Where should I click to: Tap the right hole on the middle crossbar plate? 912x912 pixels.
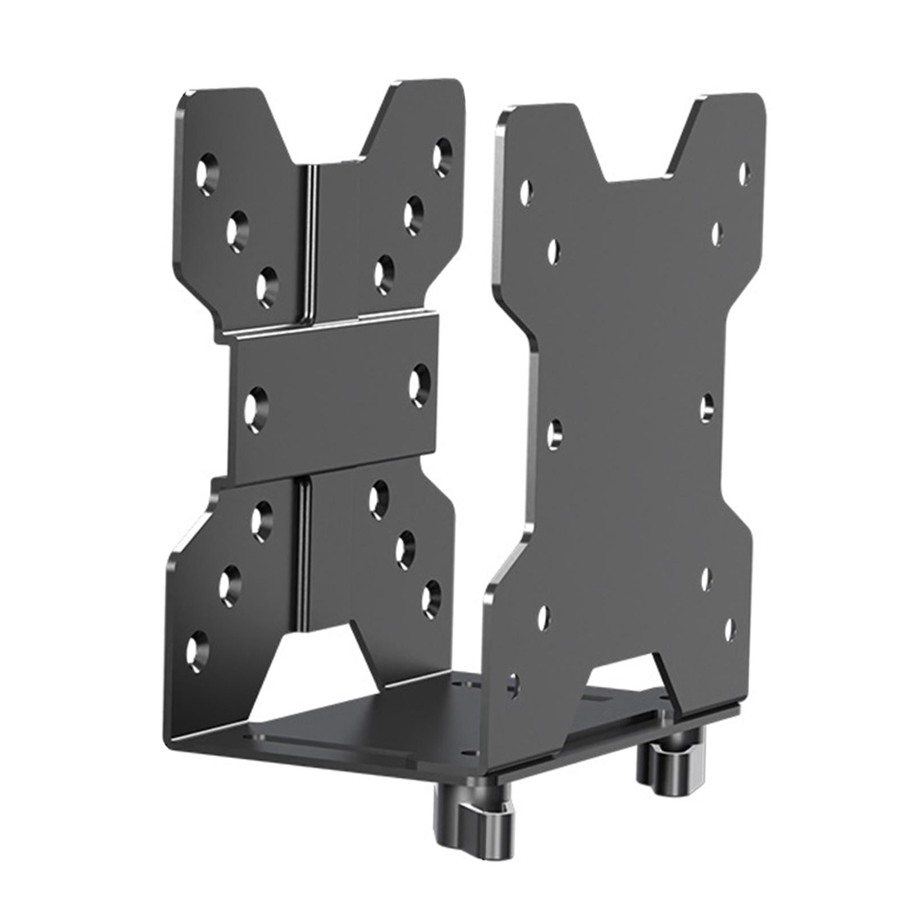(x=420, y=381)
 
